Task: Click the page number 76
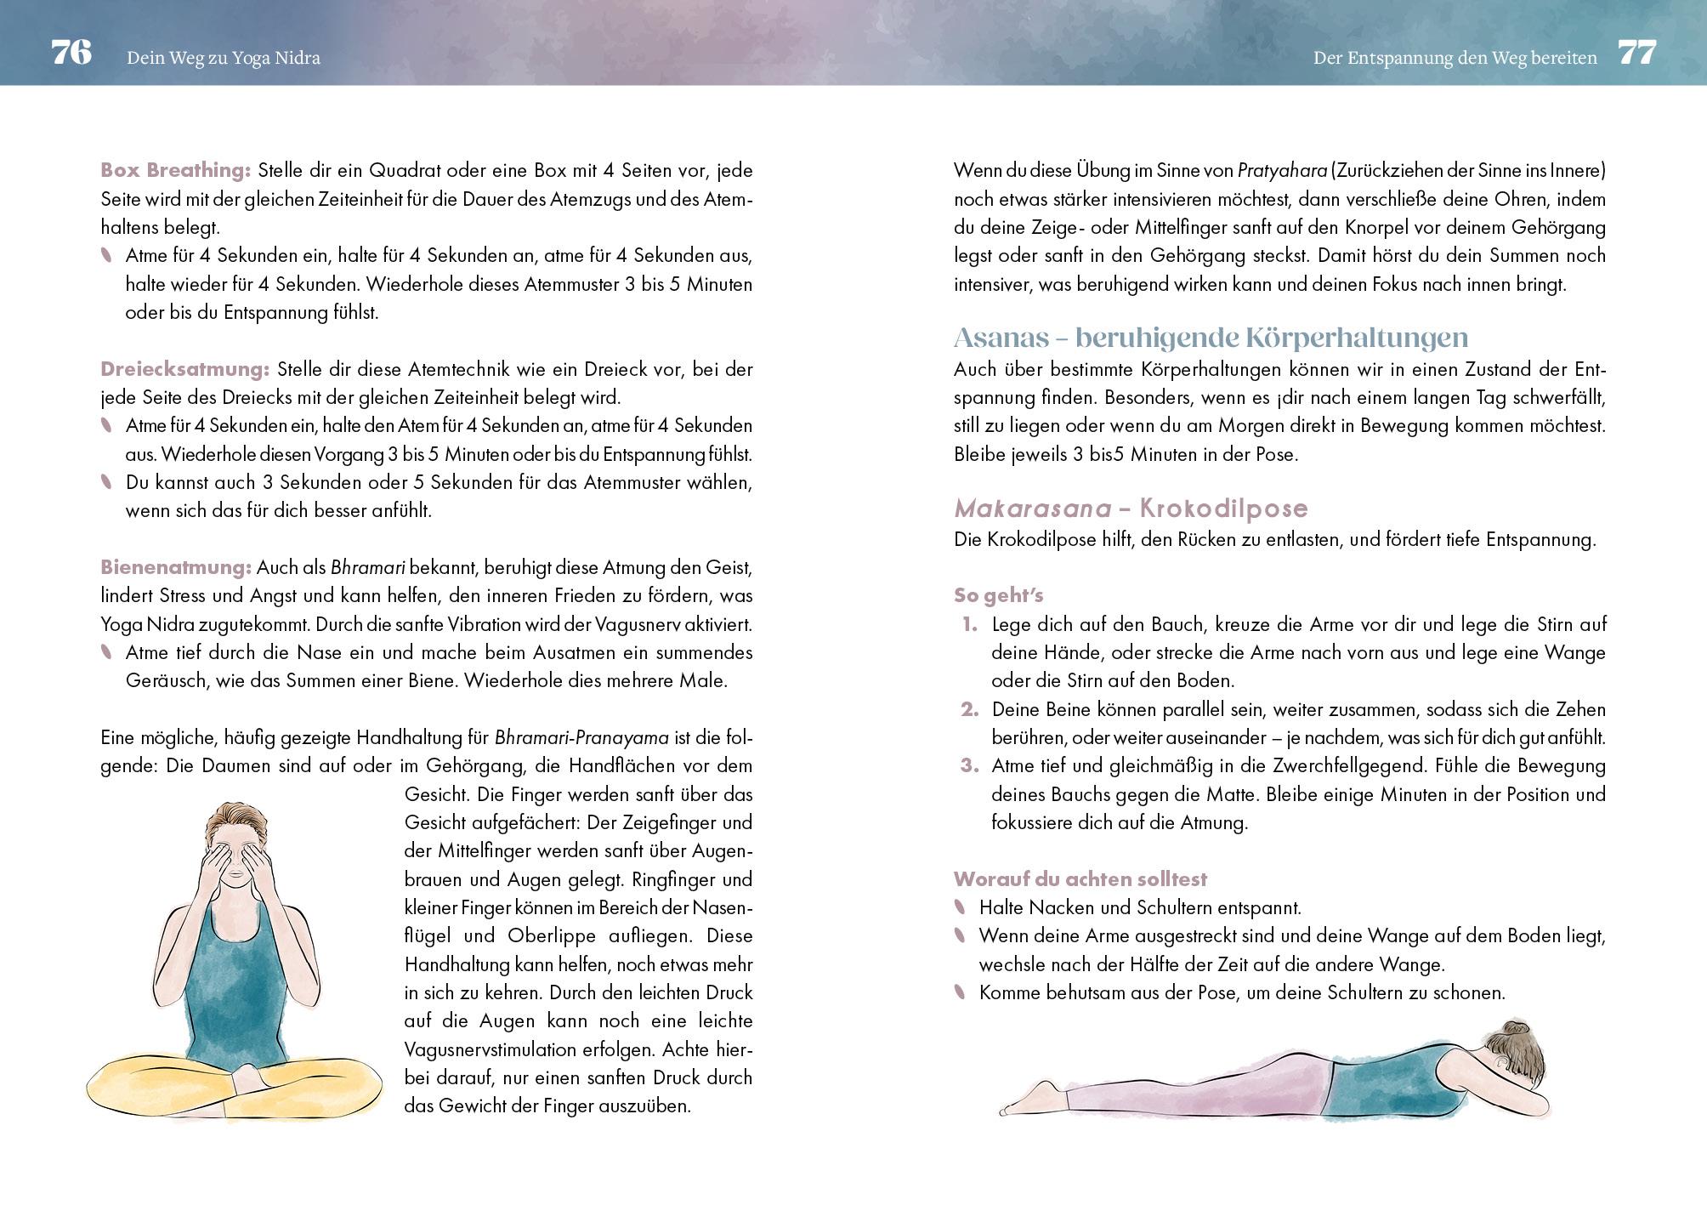coord(71,53)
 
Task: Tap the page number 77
coord(1636,53)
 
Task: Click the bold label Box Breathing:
coord(175,170)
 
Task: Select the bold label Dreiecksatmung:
coord(184,369)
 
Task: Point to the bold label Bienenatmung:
coord(175,567)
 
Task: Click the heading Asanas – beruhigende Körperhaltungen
coord(1211,338)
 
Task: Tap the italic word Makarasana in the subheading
coord(1032,509)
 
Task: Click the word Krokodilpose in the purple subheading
coord(1223,509)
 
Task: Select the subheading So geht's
coord(998,595)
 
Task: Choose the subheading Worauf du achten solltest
coord(1080,879)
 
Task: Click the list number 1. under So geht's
coord(970,625)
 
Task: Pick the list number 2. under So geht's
coord(970,710)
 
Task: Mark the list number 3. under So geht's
coord(970,766)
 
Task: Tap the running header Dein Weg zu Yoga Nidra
coord(223,58)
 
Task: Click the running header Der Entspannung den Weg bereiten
coord(1455,58)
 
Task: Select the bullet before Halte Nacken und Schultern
coord(961,907)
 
